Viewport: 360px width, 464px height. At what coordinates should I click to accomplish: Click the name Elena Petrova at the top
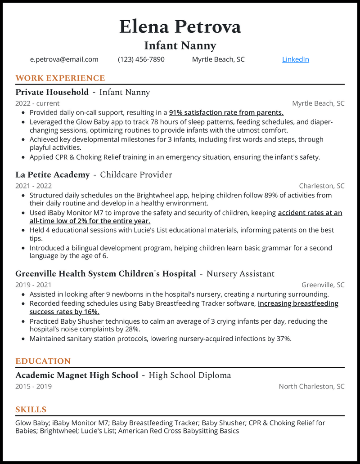(x=180, y=27)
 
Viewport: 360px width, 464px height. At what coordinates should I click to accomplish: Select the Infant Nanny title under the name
(x=180, y=45)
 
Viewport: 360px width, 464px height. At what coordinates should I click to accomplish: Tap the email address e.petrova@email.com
(x=64, y=59)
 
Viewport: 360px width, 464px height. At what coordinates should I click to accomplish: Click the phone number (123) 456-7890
(x=141, y=59)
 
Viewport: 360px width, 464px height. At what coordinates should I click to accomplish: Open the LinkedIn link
(x=295, y=59)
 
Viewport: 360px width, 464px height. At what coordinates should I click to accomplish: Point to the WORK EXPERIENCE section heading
(x=60, y=78)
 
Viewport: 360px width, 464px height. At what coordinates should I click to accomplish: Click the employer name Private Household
(x=52, y=92)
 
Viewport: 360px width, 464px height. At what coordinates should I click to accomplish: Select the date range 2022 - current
(x=37, y=103)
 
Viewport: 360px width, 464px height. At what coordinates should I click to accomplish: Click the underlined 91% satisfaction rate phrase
(x=226, y=112)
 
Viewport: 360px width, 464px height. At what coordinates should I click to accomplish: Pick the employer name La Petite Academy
(x=52, y=174)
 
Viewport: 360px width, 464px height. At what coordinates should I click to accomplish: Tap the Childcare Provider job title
(x=136, y=174)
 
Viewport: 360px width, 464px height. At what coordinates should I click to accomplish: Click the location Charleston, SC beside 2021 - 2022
(x=322, y=186)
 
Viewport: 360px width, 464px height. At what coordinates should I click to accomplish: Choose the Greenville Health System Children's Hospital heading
(x=106, y=273)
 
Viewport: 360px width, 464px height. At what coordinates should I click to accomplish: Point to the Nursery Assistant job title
(x=240, y=273)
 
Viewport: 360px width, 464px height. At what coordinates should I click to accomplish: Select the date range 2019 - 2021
(x=33, y=285)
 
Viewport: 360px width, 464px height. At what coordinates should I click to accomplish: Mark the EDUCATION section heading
(x=43, y=361)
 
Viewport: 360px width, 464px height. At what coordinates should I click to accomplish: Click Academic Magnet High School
(x=76, y=375)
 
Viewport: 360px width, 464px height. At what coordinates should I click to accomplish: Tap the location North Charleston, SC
(x=311, y=386)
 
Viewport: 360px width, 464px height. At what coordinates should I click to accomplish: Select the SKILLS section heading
(x=31, y=410)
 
